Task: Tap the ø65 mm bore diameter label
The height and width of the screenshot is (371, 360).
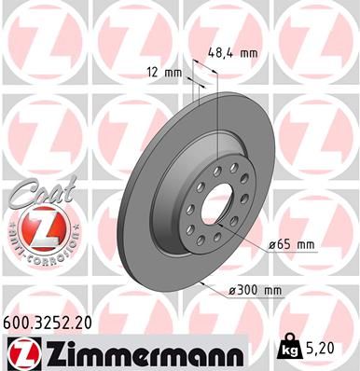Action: tap(292, 244)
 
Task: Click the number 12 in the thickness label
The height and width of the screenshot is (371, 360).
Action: tap(152, 72)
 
